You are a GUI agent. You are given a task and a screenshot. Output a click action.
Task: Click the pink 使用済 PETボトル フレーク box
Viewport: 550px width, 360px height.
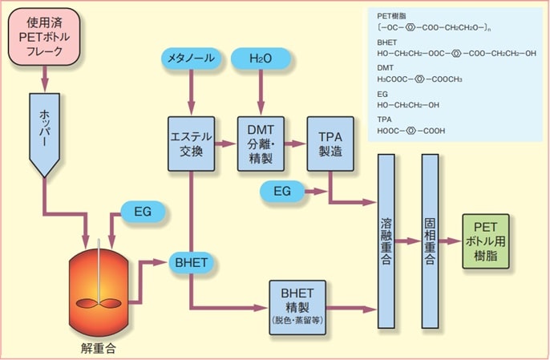(x=45, y=40)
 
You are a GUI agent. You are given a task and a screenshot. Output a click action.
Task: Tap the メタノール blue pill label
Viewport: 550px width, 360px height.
(x=191, y=58)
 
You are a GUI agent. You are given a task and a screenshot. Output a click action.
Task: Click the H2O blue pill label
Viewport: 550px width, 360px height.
(x=260, y=58)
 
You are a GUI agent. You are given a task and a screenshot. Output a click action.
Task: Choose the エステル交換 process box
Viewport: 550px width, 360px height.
(x=191, y=143)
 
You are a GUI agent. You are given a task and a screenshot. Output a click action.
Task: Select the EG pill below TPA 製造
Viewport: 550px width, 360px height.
(x=282, y=191)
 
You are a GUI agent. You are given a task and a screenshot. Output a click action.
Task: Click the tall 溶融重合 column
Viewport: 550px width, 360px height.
(x=387, y=241)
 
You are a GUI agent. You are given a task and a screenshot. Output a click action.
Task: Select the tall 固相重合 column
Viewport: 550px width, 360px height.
(x=431, y=241)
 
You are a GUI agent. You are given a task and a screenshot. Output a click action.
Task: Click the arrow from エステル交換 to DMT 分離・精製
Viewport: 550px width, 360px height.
(x=225, y=144)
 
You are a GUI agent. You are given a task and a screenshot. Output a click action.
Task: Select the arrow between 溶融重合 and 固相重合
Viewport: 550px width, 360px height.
(x=409, y=240)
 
